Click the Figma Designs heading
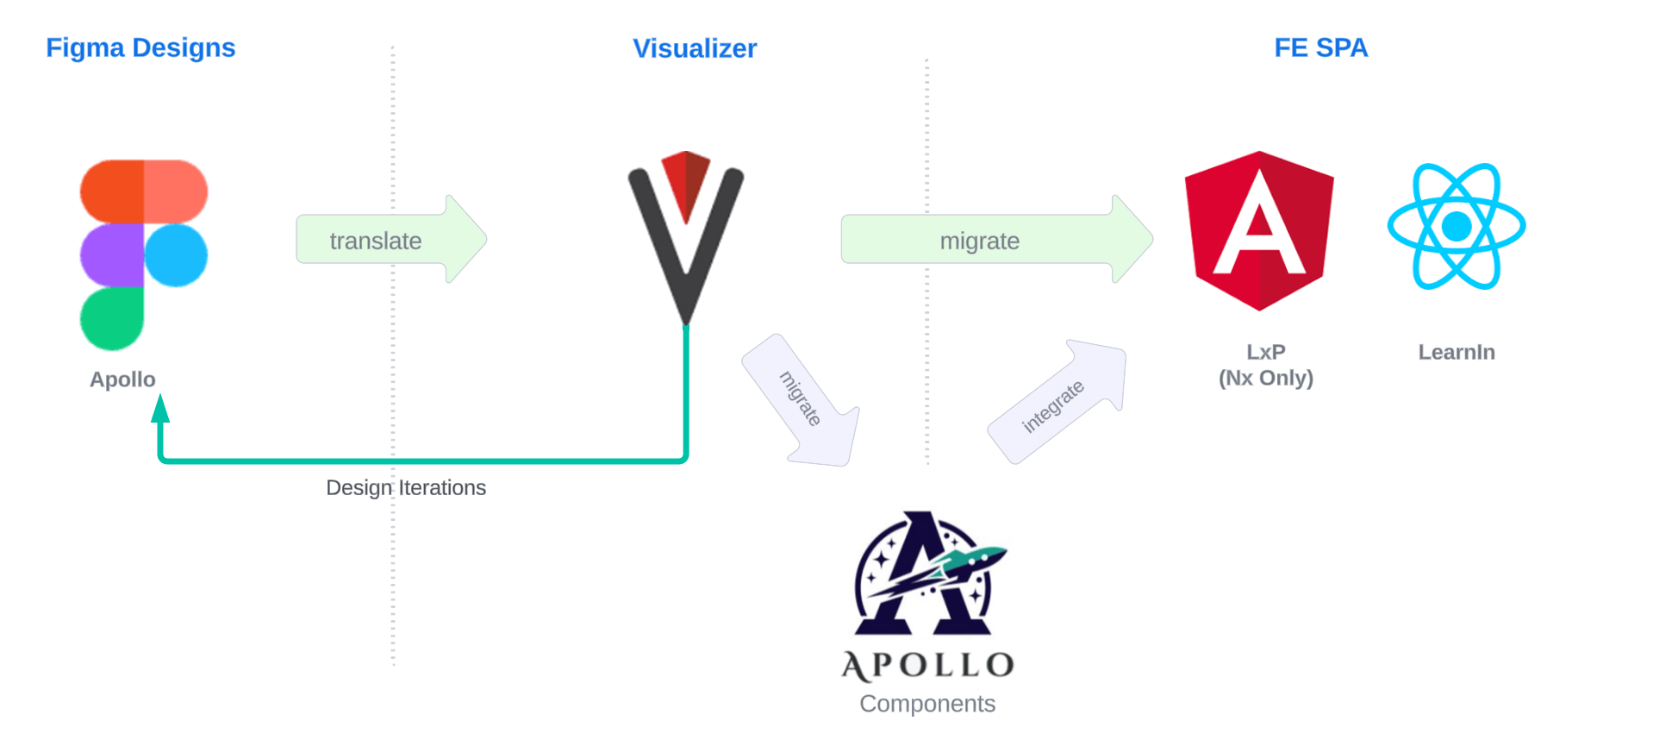140,48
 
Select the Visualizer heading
695,49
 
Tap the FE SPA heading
1320,48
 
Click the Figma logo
144,254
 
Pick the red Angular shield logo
1259,230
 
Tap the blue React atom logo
1457,227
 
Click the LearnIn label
1457,352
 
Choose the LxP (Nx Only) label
1265,365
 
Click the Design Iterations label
406,488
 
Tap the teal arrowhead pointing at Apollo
160,409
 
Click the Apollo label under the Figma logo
122,379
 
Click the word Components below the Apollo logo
927,704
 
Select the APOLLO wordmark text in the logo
927,665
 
